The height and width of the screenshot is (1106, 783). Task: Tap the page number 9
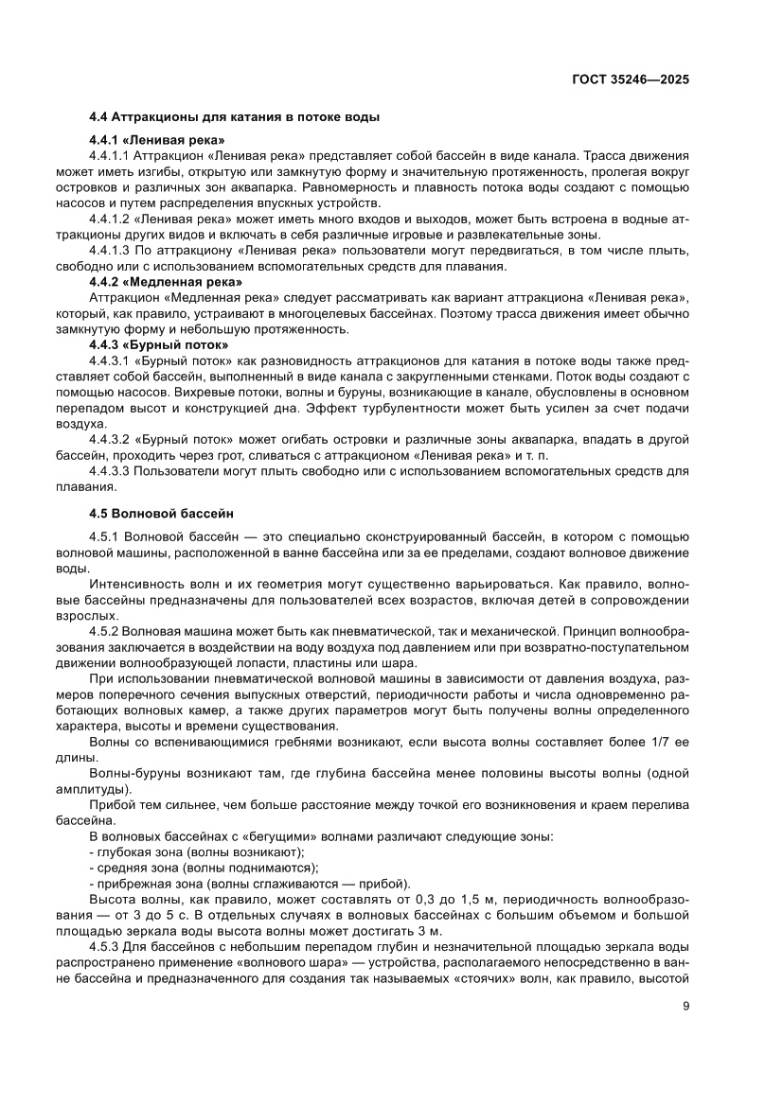(685, 1006)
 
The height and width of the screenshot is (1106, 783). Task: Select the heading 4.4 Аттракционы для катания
(235, 117)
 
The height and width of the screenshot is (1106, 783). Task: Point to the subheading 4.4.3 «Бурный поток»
(158, 344)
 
